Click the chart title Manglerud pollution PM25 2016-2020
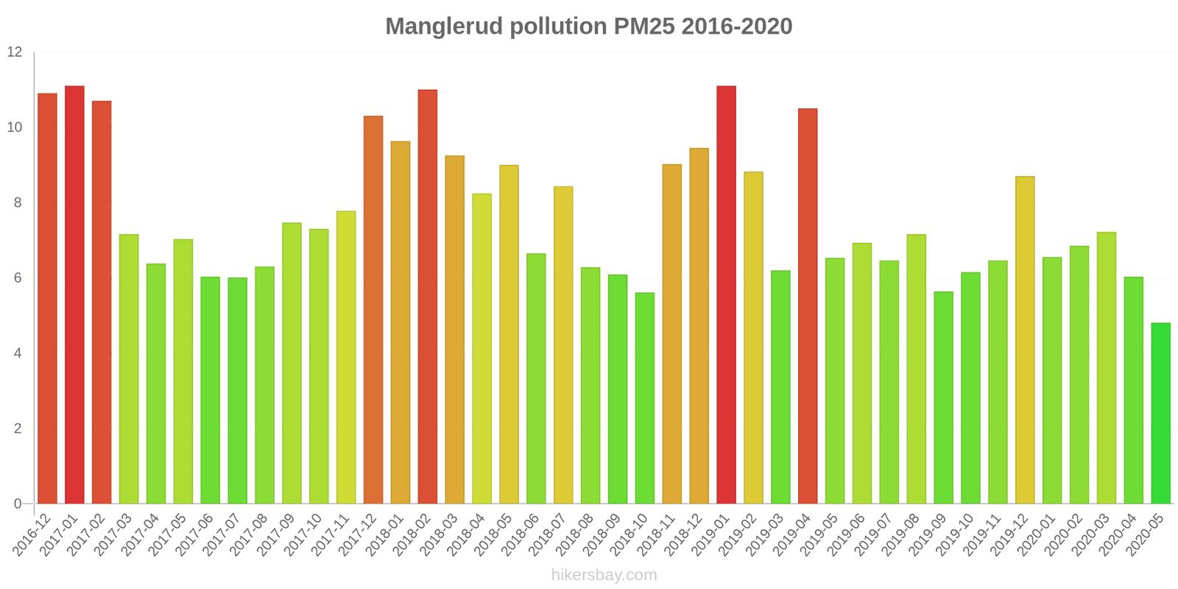pos(588,27)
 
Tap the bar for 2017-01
pos(74,294)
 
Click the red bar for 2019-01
pos(726,294)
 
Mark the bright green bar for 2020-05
pos(1160,413)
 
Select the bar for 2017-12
pos(373,310)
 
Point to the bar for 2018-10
pos(645,398)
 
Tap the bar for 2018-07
pos(563,345)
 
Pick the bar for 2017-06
pos(210,390)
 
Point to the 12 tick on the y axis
pos(15,52)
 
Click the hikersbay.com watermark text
pos(604,574)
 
